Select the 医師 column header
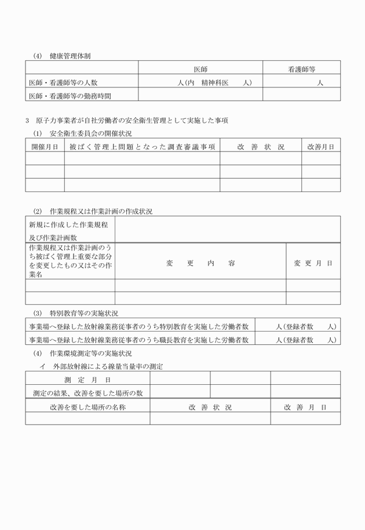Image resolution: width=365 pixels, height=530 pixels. click(200, 69)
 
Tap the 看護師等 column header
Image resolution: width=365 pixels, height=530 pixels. click(301, 69)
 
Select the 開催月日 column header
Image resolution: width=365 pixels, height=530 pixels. click(45, 147)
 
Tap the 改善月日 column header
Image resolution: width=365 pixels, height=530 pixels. click(320, 147)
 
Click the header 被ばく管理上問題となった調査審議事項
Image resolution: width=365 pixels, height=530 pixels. click(142, 147)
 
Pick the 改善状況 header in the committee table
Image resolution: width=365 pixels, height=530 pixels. click(260, 147)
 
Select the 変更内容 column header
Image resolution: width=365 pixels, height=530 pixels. click(200, 263)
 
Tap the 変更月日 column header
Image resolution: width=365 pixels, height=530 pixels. click(313, 263)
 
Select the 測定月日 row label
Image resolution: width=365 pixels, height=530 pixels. click(87, 380)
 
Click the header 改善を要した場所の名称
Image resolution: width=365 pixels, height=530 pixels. click(87, 407)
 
